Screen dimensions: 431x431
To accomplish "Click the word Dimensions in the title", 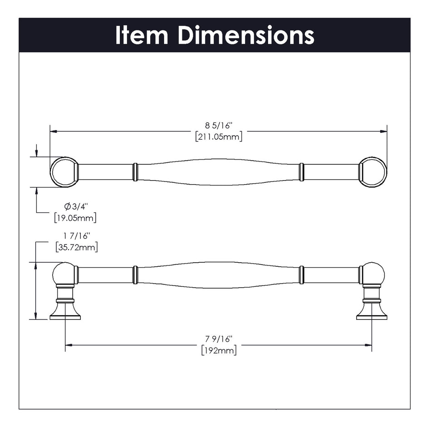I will [245, 35].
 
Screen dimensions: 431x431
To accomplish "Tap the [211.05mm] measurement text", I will [218, 137].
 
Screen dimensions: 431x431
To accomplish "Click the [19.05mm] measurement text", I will [75, 217].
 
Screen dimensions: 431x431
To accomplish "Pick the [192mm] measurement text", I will [218, 350].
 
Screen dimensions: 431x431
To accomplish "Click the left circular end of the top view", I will [64, 172].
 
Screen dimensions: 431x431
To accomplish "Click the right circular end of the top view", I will [373, 172].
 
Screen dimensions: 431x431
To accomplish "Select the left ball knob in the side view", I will [64, 274].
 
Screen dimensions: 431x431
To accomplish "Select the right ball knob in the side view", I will [373, 274].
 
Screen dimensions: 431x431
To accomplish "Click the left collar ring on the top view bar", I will [135, 172].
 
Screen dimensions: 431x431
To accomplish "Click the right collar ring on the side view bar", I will [301, 275].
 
